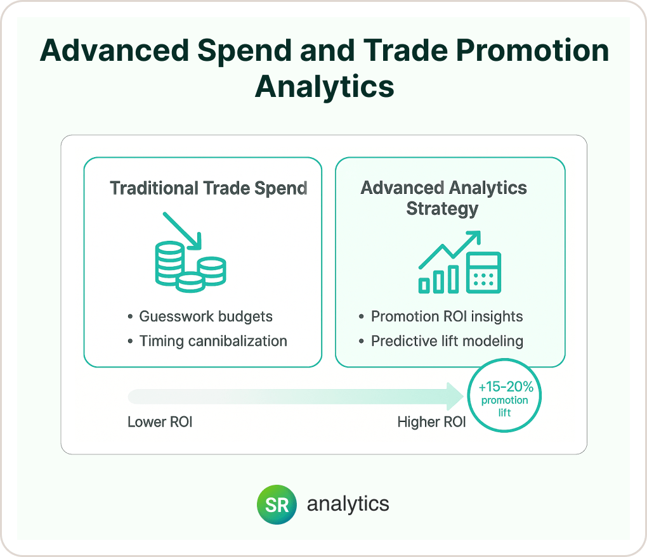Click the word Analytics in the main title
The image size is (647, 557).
click(324, 87)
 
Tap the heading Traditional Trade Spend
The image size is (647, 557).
click(209, 188)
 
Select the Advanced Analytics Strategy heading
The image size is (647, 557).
click(443, 198)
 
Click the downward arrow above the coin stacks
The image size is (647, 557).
click(182, 231)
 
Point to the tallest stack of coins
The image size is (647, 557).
click(169, 264)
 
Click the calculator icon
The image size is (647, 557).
click(483, 272)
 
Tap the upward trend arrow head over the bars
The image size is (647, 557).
click(473, 238)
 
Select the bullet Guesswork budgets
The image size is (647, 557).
click(200, 316)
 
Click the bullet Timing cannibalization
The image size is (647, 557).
click(207, 341)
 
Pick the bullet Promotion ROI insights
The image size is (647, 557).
click(441, 316)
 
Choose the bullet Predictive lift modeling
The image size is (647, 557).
click(441, 341)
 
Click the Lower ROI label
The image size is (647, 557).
click(160, 422)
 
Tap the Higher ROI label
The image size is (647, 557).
click(431, 422)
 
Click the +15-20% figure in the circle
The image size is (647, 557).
click(506, 387)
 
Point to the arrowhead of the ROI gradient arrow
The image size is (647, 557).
click(455, 396)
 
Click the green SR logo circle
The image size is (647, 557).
click(277, 504)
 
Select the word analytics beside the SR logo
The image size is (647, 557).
click(348, 504)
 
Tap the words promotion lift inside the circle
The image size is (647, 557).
click(505, 406)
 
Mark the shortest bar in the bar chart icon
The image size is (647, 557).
click(424, 285)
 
